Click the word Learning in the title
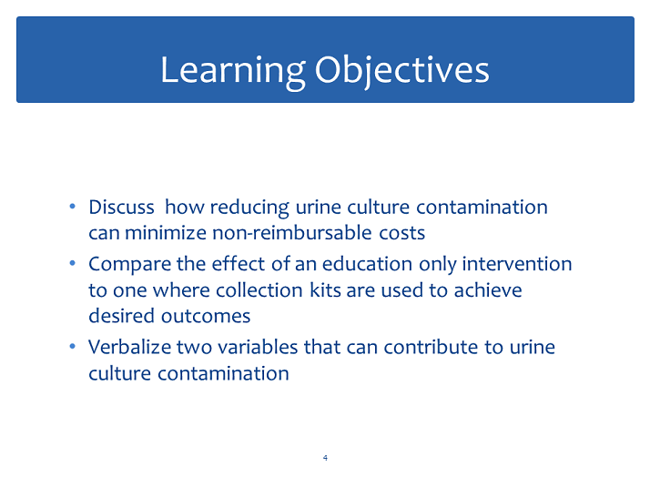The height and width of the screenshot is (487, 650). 233,71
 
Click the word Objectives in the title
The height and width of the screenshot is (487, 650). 402,71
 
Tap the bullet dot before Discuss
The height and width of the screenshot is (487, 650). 73,206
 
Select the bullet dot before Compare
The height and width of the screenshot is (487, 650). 73,263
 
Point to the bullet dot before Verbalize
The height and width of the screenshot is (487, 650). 73,346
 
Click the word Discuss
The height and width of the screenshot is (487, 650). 121,207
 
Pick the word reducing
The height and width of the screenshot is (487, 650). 249,208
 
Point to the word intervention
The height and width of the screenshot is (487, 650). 517,264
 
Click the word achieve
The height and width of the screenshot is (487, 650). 488,289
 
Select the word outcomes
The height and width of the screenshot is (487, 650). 206,317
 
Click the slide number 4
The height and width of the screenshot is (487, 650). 325,458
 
